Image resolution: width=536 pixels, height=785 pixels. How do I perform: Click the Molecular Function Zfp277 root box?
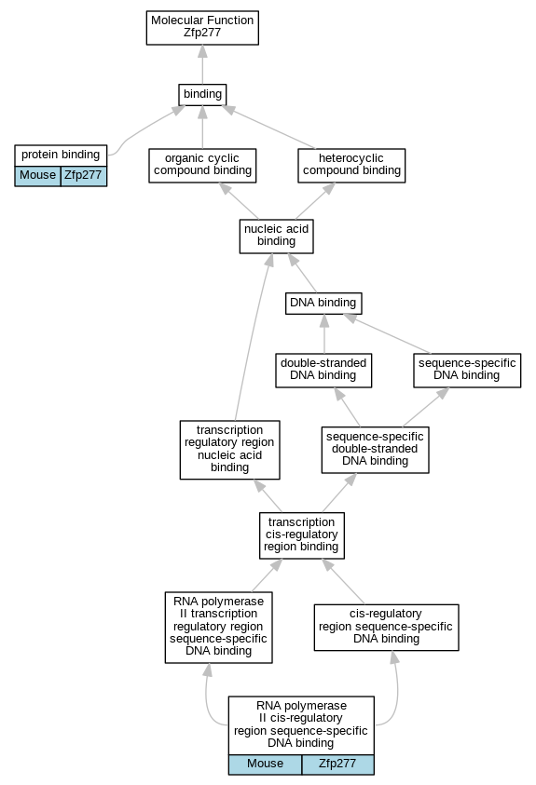pos(202,28)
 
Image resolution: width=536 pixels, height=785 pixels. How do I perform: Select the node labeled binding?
pos(202,94)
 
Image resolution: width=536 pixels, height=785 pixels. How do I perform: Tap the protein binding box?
pos(61,155)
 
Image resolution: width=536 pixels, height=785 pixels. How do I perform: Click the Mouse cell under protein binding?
pos(37,176)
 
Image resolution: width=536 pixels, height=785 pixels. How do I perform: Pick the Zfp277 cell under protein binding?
pos(84,176)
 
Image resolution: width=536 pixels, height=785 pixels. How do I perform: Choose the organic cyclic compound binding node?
pos(202,165)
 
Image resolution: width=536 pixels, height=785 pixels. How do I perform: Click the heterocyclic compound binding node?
pos(351,165)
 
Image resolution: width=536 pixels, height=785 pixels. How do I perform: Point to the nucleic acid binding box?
pos(277,236)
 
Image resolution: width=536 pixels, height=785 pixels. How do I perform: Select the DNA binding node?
pos(323,303)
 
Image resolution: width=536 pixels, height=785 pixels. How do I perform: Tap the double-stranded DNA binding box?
pos(323,370)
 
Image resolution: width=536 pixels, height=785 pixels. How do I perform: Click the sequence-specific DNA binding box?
pos(467,370)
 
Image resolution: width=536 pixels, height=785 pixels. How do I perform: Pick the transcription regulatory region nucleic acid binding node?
pos(230,450)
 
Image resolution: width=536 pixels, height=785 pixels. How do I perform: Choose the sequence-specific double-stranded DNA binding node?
pos(375,450)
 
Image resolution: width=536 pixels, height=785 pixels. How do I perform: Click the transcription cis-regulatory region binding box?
pos(302,535)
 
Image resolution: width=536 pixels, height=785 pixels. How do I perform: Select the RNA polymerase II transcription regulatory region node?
pos(219,628)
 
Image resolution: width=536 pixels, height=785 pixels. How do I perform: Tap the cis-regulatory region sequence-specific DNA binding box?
pos(386,628)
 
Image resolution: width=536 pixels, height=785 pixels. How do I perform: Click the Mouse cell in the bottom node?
pos(265,765)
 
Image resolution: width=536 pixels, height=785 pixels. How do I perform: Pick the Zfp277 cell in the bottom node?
pos(338,765)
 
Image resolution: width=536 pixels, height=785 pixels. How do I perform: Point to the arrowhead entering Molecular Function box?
pos(202,51)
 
